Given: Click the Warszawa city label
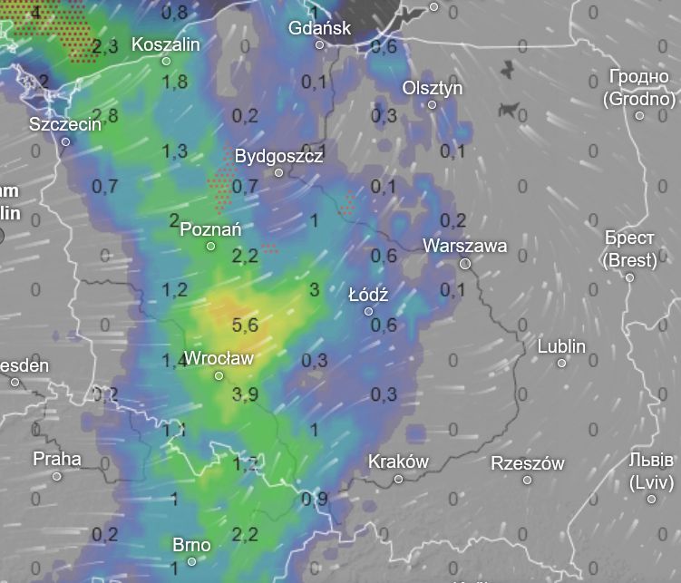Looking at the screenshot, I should tap(464, 245).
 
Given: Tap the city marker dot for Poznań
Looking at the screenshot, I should tap(210, 246).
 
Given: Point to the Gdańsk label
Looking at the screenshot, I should tap(319, 28).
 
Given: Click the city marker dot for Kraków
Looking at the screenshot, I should tap(398, 478).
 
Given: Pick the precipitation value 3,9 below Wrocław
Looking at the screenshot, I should tap(245, 394).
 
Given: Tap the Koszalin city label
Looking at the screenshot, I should tap(166, 44).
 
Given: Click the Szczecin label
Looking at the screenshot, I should tap(65, 124).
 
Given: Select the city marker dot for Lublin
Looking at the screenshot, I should tap(561, 363).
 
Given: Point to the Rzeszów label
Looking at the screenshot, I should tap(527, 463).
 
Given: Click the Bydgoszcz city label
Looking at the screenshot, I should tap(278, 156).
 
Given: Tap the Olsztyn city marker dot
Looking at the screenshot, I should tap(432, 104).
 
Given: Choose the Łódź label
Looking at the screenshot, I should tap(368, 295).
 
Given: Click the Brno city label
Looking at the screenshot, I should tap(191, 545).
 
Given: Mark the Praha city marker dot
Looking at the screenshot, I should tap(56, 476).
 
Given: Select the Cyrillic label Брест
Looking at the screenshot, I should tap(627, 238).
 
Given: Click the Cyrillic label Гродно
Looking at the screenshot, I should tap(639, 79).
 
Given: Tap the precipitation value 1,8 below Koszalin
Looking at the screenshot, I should tap(174, 82).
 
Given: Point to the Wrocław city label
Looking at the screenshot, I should tap(219, 358).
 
